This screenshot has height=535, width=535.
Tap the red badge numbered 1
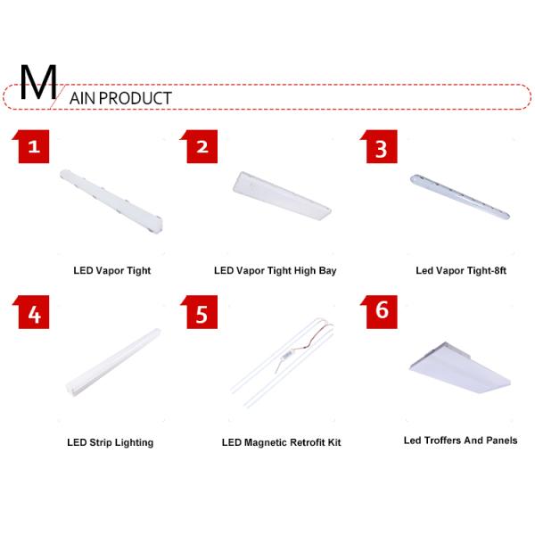[33, 147]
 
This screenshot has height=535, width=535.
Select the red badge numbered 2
[202, 147]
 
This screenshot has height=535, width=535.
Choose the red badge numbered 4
[33, 313]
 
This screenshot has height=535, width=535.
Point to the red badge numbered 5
[202, 313]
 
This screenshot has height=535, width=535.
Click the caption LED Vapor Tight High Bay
[275, 270]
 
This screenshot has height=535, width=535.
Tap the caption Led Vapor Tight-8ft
[461, 270]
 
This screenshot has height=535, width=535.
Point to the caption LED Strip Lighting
[111, 442]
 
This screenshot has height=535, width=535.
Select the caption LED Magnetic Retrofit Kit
[281, 442]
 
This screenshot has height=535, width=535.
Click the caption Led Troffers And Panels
[460, 440]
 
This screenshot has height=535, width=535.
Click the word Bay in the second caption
[326, 270]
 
